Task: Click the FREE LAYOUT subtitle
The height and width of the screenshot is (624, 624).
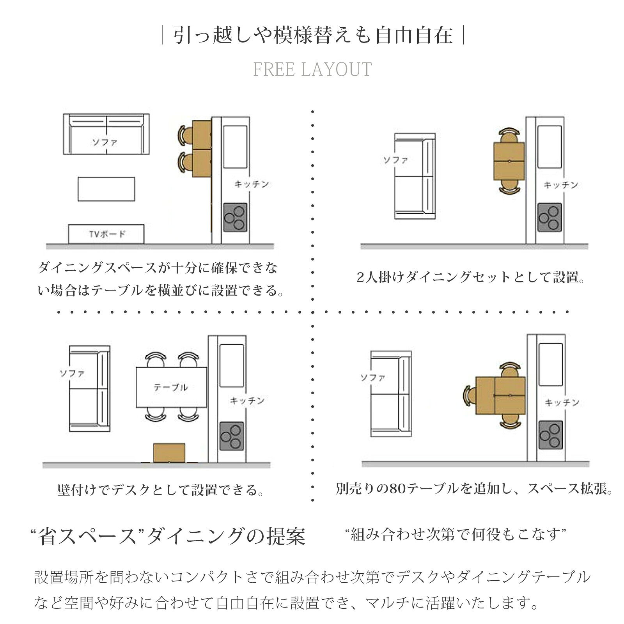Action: coord(312,69)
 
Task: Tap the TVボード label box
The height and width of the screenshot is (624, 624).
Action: coord(106,234)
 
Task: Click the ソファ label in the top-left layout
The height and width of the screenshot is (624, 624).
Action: coord(105,142)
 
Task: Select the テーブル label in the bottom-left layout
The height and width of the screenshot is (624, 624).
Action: coord(170,387)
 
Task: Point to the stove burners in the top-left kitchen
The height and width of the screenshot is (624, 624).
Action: coord(236,218)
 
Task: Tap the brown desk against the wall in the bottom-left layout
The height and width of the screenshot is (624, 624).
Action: coord(169,453)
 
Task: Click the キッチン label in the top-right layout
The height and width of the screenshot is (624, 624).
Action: coord(561,185)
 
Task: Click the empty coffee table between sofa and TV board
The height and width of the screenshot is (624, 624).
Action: coord(106,189)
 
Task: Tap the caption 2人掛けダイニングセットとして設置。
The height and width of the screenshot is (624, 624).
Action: coord(471,277)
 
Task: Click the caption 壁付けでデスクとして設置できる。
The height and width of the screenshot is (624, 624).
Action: coord(161,490)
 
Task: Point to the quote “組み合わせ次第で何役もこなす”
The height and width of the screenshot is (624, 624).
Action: coord(456,534)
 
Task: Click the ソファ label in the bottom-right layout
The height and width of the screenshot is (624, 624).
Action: coord(372,377)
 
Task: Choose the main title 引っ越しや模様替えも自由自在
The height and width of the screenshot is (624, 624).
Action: coord(313,35)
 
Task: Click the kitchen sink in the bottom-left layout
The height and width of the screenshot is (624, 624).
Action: coord(232,365)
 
